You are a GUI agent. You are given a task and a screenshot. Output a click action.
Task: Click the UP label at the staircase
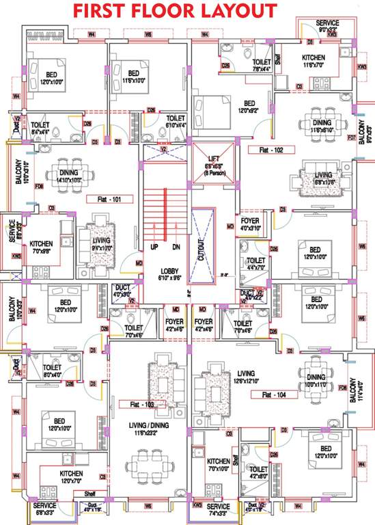pyautogui.click(x=154, y=246)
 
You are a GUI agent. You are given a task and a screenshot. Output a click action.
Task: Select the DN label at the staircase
pyautogui.click(x=176, y=246)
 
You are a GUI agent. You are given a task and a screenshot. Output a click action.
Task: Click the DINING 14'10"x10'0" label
pyautogui.click(x=68, y=176)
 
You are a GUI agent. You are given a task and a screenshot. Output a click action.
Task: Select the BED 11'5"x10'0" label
pyautogui.click(x=134, y=77)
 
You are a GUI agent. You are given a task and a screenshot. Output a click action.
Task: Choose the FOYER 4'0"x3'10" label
pyautogui.click(x=250, y=225)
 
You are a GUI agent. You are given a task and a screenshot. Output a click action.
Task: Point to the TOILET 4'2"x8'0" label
pyautogui.click(x=258, y=473)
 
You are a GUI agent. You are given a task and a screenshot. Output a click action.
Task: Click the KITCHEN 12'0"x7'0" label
pyautogui.click(x=71, y=476)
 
